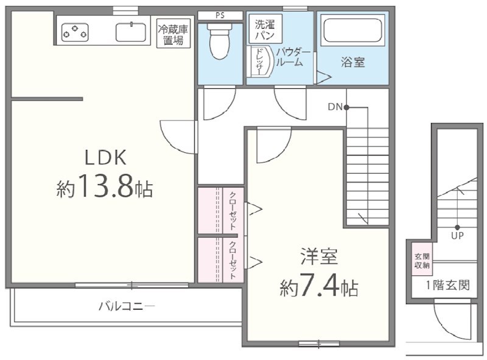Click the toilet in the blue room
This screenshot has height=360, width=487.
click(x=219, y=41)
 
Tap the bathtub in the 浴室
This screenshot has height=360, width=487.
click(x=352, y=30)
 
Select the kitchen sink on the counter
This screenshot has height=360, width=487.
click(x=131, y=32)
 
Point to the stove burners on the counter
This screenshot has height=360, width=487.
click(x=75, y=33)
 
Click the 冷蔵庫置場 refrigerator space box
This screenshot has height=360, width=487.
click(x=173, y=33)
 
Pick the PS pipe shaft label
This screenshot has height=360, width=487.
click(x=220, y=15)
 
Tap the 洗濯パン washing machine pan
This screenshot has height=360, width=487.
click(x=265, y=29)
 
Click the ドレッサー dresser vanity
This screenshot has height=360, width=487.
click(x=261, y=62)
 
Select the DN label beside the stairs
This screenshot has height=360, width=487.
click(x=335, y=107)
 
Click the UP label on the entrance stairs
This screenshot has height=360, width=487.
click(x=457, y=235)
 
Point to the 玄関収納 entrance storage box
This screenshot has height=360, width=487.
click(x=422, y=260)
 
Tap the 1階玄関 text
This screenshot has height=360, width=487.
click(x=447, y=284)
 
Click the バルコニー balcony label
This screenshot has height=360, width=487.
click(x=127, y=306)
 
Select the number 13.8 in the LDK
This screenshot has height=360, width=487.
click(x=106, y=186)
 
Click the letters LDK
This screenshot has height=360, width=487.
click(x=105, y=157)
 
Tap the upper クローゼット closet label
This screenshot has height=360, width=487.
click(x=233, y=211)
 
